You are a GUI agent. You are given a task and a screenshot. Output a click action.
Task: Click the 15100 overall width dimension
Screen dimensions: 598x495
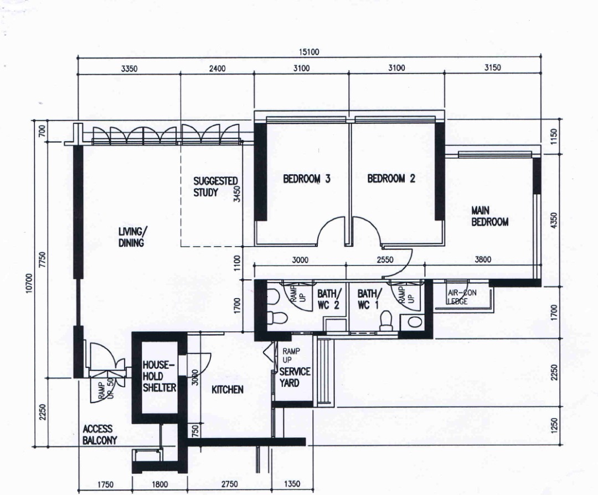[x=308, y=52]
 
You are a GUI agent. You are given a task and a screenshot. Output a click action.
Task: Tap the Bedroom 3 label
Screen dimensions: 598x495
[x=307, y=178]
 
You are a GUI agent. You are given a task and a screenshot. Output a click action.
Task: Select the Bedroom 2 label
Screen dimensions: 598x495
[x=391, y=178]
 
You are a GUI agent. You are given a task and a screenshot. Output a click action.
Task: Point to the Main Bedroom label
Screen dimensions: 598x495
[x=489, y=216]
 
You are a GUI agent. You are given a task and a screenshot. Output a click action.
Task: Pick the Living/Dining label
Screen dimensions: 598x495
[x=131, y=237]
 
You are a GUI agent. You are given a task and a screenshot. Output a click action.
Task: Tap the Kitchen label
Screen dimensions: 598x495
[x=228, y=389]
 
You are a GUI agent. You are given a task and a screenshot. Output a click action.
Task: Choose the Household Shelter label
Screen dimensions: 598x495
[x=159, y=376]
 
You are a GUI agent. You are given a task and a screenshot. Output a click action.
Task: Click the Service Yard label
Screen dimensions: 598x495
[x=295, y=377]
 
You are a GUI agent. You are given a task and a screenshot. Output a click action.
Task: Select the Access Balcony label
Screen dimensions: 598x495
[x=100, y=435]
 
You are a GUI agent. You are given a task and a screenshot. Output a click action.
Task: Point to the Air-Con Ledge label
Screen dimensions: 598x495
[x=462, y=297]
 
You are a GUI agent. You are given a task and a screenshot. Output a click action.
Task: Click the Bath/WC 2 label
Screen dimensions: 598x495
[x=328, y=299]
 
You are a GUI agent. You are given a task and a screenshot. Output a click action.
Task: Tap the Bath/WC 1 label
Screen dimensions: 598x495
[x=369, y=299]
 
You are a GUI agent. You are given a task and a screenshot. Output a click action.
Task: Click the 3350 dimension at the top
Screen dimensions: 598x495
[x=129, y=69]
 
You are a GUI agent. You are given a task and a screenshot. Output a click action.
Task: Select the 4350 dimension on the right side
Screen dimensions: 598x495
[x=554, y=221]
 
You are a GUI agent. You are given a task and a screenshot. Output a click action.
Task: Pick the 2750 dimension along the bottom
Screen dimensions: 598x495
[x=230, y=484]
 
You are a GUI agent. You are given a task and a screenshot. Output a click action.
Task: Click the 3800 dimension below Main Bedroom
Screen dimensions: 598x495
[x=483, y=260]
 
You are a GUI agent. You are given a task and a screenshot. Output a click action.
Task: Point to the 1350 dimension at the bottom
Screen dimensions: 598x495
[x=292, y=484]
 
